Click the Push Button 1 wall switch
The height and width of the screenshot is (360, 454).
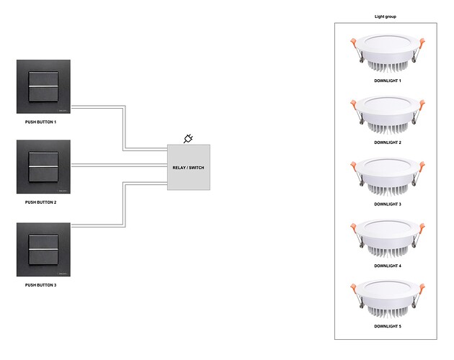click(x=43, y=86)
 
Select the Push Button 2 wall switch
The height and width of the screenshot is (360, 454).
click(x=43, y=168)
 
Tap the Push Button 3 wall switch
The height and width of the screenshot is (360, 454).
click(x=43, y=250)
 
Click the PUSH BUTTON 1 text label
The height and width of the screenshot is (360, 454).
click(x=40, y=122)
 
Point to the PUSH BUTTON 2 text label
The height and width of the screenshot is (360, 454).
click(x=40, y=203)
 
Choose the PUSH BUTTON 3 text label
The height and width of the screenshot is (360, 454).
click(x=40, y=285)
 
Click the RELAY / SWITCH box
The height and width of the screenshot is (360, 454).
click(x=189, y=167)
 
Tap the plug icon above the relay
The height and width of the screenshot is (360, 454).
click(x=189, y=138)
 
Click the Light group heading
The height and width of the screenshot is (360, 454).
click(x=386, y=16)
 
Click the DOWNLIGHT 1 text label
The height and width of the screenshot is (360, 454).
click(x=388, y=81)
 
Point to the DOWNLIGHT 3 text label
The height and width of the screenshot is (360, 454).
click(x=388, y=204)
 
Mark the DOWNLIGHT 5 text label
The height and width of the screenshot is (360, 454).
click(x=388, y=326)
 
